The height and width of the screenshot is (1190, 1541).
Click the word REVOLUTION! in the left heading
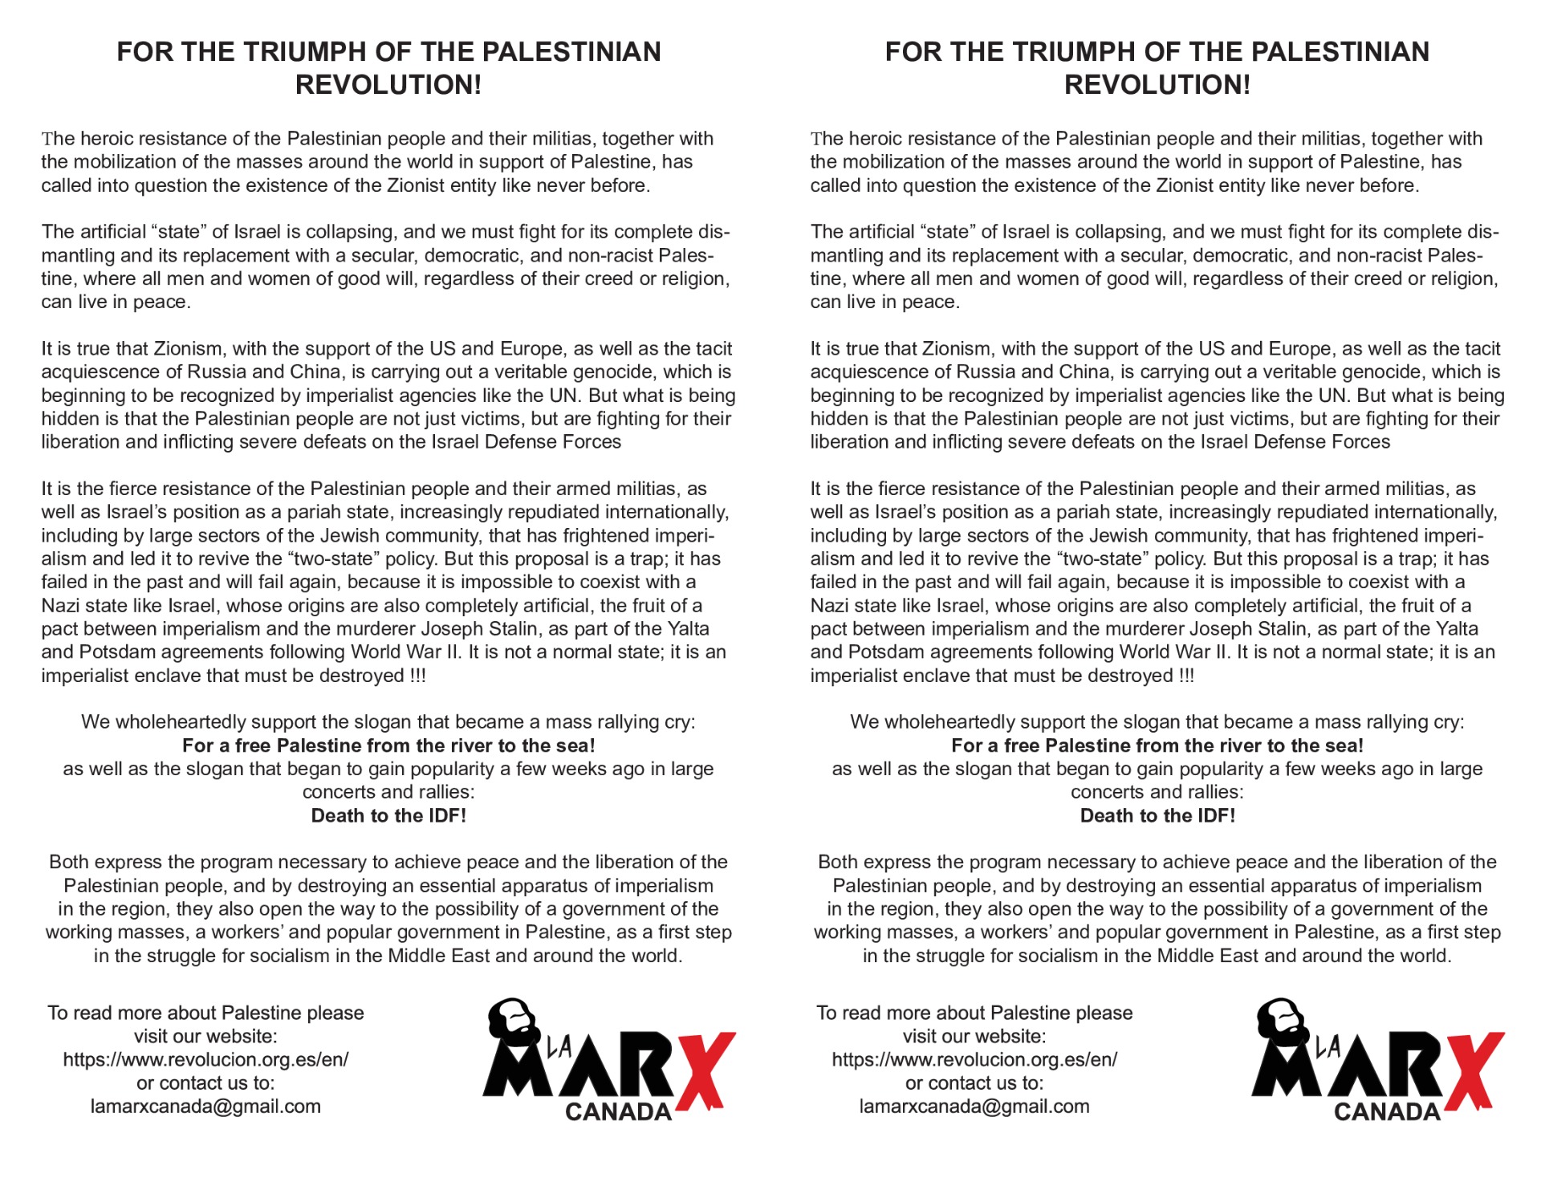[x=388, y=85]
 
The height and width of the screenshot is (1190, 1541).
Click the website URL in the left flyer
[x=205, y=1059]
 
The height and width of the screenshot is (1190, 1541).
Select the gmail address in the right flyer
[x=974, y=1106]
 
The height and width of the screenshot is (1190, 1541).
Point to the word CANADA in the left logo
[x=618, y=1111]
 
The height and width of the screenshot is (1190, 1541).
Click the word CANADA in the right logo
[x=1387, y=1111]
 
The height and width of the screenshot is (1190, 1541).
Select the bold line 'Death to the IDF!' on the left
[x=388, y=815]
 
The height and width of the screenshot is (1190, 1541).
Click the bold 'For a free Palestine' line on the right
[x=1157, y=745]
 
